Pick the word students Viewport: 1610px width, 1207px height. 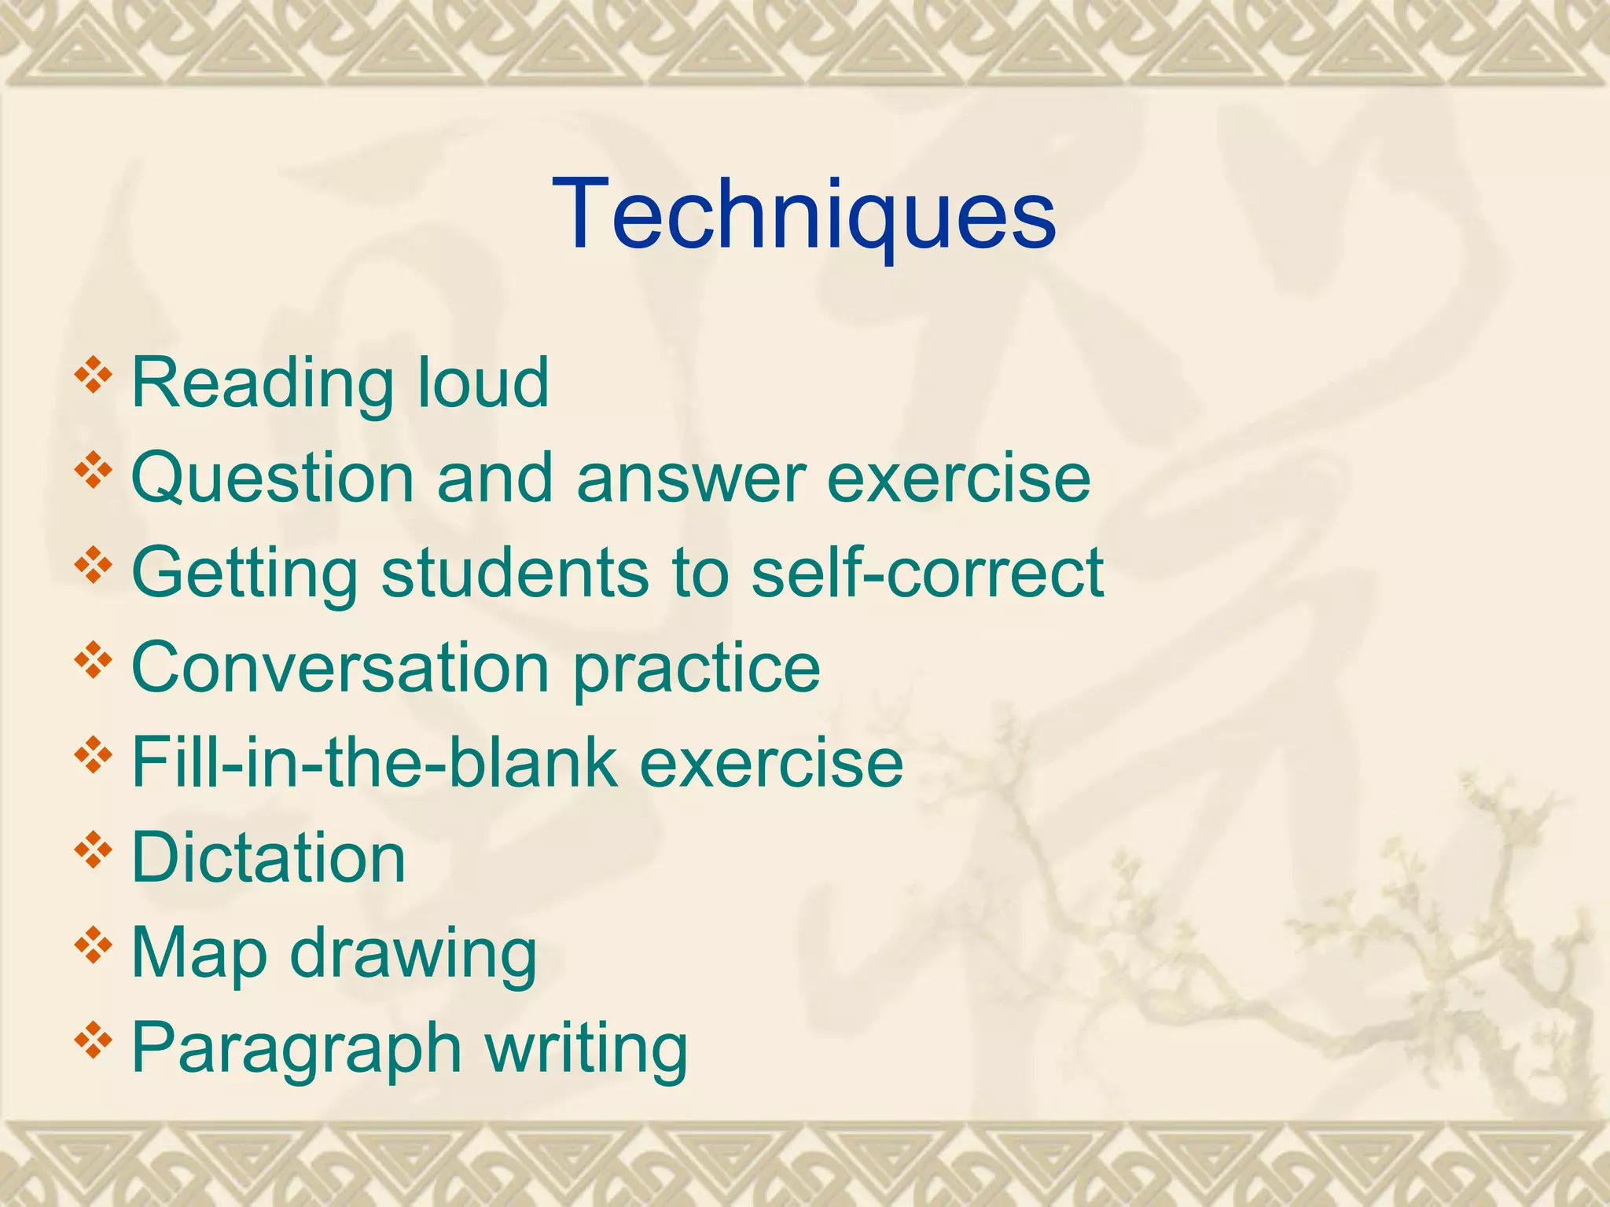516,573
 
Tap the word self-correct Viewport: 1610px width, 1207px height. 928,573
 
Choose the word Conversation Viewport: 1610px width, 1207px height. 340,667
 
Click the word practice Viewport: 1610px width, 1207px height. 697,667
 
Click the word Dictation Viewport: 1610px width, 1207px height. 268,857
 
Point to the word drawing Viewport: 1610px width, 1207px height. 414,952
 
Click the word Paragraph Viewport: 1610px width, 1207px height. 296,1047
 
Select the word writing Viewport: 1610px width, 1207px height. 586,1047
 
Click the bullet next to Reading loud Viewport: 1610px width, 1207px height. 93,375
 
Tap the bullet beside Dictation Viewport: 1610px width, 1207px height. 93,849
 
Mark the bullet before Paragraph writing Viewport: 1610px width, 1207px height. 93,1040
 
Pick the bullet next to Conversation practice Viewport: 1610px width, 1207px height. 93,659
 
